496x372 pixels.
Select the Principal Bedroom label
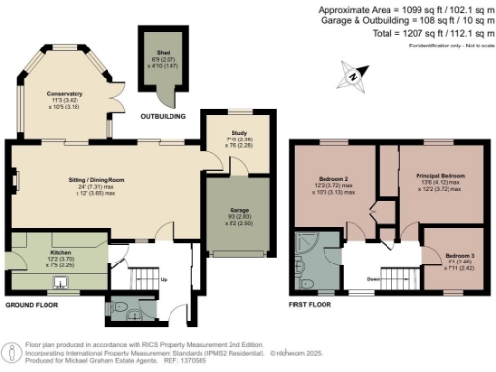click(x=442, y=176)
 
